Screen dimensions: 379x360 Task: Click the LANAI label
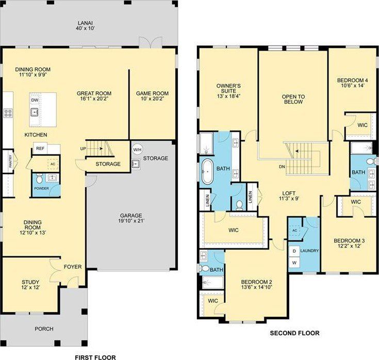point(85,23)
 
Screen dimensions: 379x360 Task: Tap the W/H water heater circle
point(137,150)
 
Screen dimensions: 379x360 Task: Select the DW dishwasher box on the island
point(35,100)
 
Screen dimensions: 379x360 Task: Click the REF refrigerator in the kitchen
point(40,148)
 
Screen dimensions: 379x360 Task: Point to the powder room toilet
point(39,179)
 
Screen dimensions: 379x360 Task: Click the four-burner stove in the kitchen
point(8,113)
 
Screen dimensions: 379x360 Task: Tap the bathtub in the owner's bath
point(208,171)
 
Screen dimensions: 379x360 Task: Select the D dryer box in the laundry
point(294,251)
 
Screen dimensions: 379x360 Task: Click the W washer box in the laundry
point(294,263)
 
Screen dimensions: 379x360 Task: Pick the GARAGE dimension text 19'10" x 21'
point(131,221)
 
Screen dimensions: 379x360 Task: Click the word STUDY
point(30,282)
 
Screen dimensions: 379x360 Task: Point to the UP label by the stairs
point(83,149)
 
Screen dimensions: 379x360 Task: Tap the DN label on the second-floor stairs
point(282,167)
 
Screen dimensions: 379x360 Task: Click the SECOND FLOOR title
point(294,333)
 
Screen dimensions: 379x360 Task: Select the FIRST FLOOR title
point(95,357)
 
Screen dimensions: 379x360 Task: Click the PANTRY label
point(10,161)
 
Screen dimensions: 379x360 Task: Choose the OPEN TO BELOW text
point(293,99)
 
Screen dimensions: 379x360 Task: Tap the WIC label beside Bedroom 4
point(362,125)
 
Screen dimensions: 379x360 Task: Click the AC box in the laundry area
point(294,231)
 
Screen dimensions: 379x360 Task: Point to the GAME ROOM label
point(152,93)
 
